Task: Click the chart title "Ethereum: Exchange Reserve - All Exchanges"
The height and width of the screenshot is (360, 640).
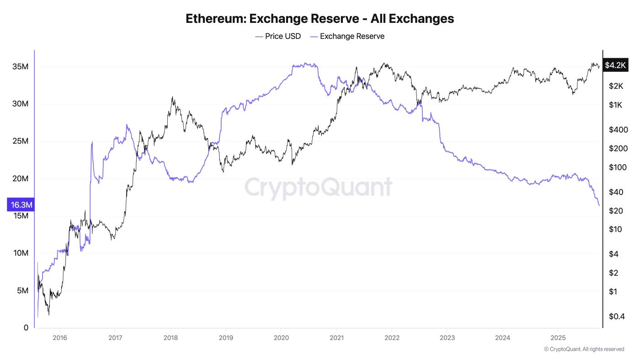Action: pyautogui.click(x=320, y=18)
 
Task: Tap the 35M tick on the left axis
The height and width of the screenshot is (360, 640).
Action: pyautogui.click(x=20, y=67)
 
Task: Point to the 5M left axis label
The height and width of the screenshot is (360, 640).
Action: pyautogui.click(x=22, y=291)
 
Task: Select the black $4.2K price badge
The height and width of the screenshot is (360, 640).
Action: pyautogui.click(x=615, y=65)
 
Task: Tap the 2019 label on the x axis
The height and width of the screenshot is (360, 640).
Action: pyautogui.click(x=226, y=338)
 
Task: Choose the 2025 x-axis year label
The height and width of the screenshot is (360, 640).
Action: pyautogui.click(x=558, y=338)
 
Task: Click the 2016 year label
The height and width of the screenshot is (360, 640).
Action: pyautogui.click(x=60, y=338)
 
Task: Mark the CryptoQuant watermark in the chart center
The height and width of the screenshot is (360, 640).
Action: pyautogui.click(x=319, y=187)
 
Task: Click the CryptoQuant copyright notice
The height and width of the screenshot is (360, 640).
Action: pyautogui.click(x=584, y=349)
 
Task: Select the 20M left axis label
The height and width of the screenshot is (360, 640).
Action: pyautogui.click(x=20, y=179)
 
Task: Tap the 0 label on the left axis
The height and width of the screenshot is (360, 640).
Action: pyautogui.click(x=26, y=328)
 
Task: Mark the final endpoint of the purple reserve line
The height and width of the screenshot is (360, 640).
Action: pyautogui.click(x=599, y=205)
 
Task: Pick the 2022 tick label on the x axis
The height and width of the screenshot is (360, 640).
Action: pyautogui.click(x=392, y=338)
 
